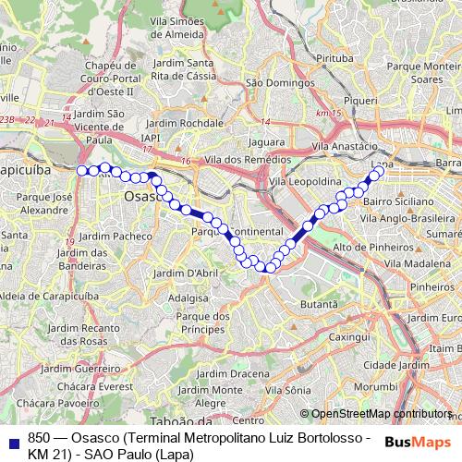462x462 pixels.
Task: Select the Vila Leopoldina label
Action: (306, 182)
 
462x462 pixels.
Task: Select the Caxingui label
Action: (348, 337)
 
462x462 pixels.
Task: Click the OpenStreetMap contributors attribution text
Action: (381, 414)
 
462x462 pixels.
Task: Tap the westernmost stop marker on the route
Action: (81, 170)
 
